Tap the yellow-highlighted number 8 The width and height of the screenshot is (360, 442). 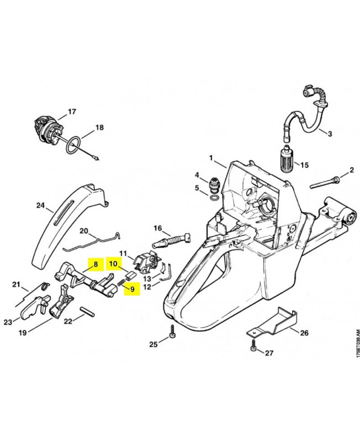pos(95,265)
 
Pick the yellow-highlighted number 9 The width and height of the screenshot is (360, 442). pos(132,288)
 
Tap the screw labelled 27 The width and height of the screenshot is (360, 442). pos(253,348)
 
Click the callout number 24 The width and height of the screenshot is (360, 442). pos(40,206)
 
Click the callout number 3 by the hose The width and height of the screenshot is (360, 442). pos(330,134)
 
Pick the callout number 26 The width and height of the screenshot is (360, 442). pos(304,333)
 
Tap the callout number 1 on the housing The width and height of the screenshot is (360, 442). pos(210,158)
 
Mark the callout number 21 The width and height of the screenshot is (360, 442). pos(16,285)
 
